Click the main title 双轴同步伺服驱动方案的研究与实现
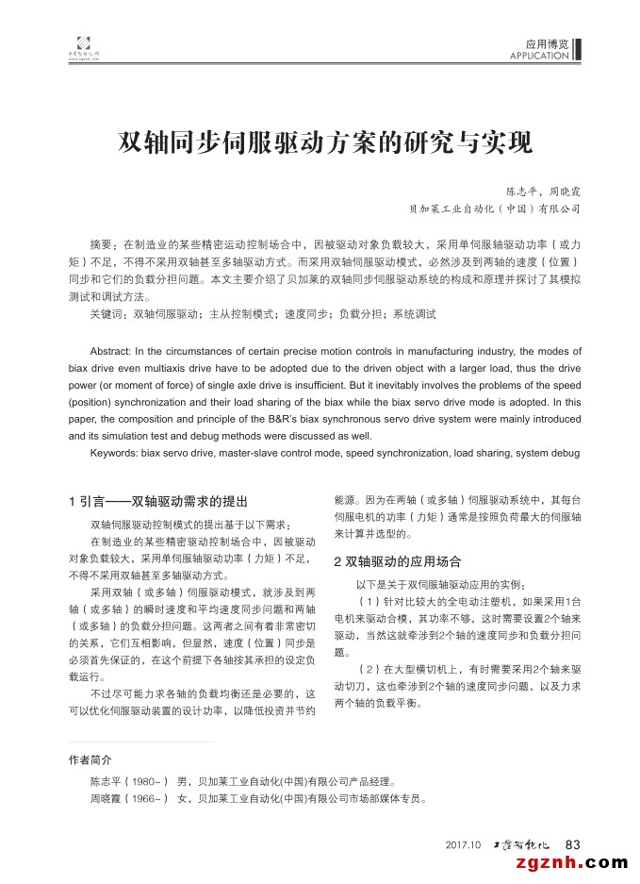tap(324, 142)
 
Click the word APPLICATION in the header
tap(538, 56)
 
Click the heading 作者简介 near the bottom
tap(90, 759)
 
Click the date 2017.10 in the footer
tap(463, 843)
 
